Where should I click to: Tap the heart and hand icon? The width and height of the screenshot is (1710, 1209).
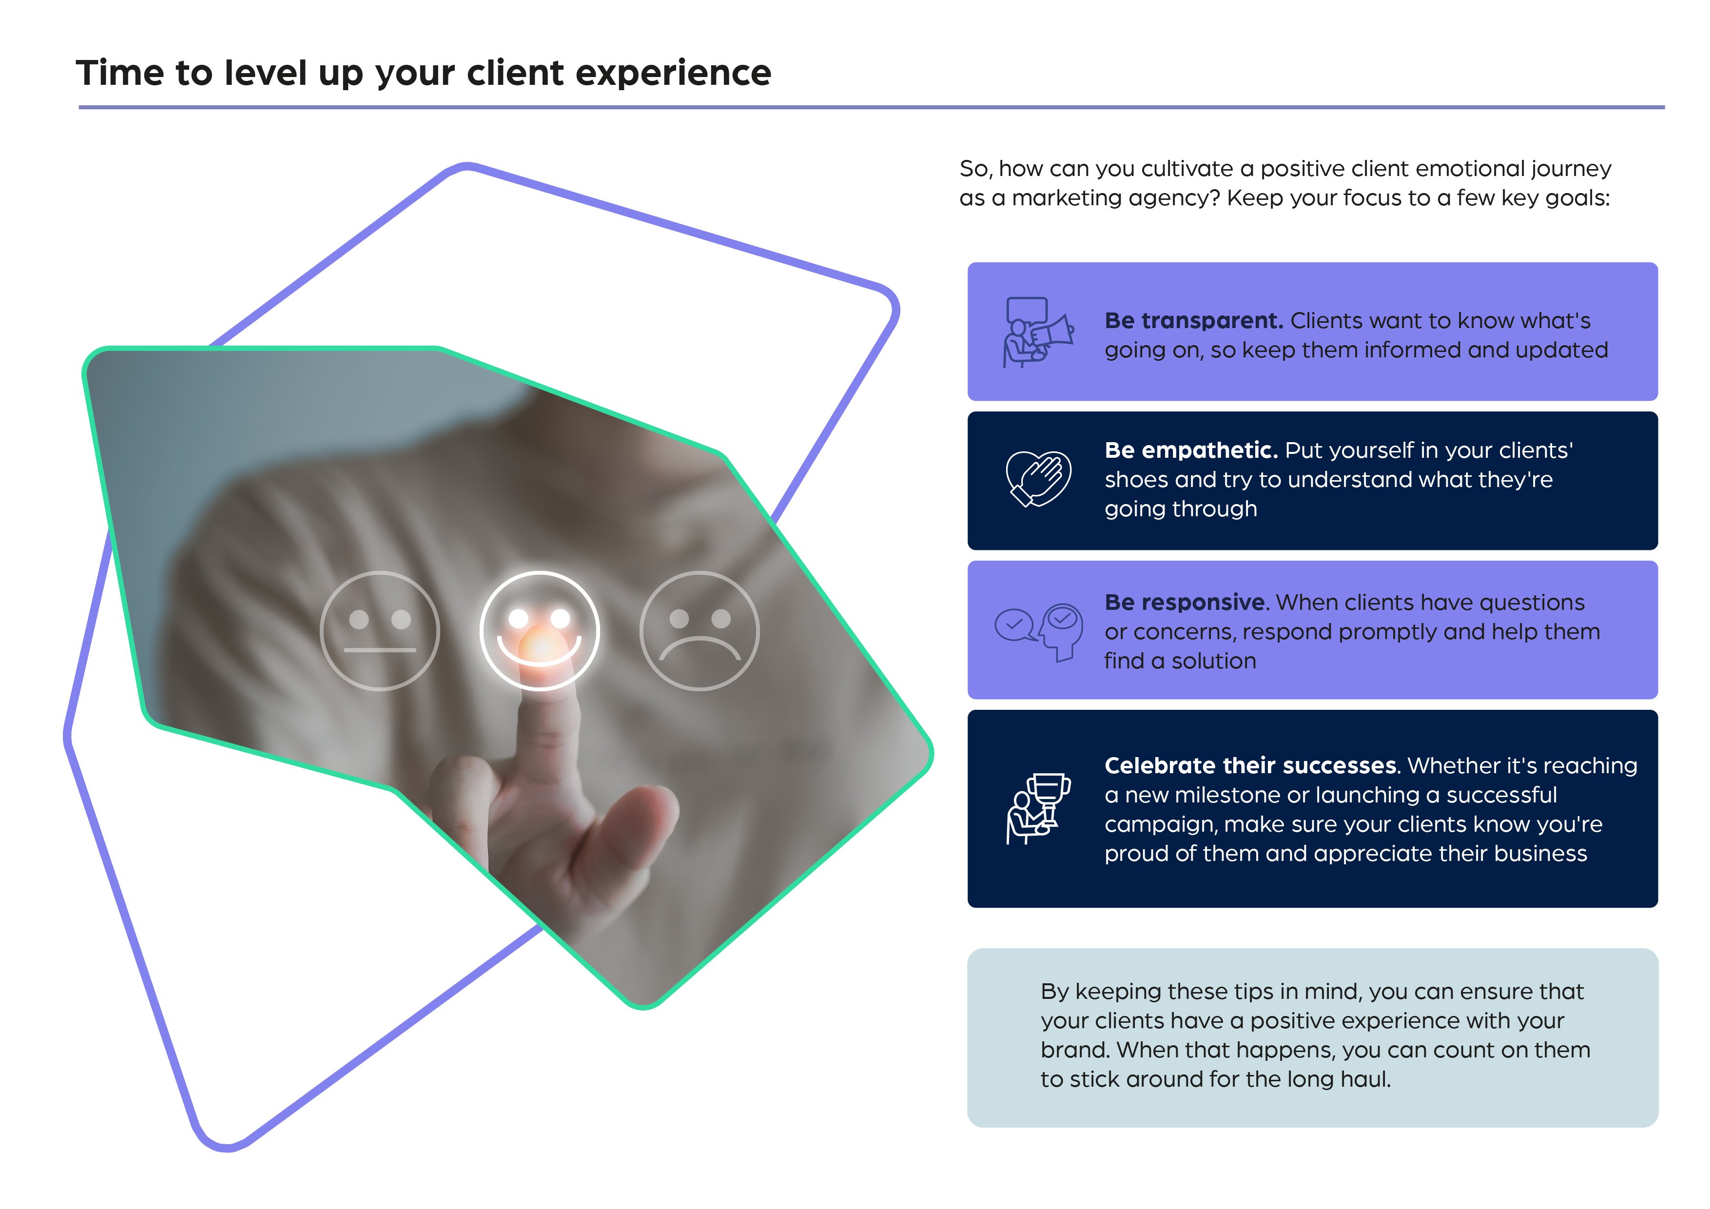(1038, 479)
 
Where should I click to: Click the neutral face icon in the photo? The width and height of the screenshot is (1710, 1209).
(380, 631)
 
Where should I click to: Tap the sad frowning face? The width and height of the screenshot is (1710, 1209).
(700, 631)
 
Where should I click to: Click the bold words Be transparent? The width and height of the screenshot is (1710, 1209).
(1193, 321)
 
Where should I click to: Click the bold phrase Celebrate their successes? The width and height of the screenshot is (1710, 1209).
(1250, 766)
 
